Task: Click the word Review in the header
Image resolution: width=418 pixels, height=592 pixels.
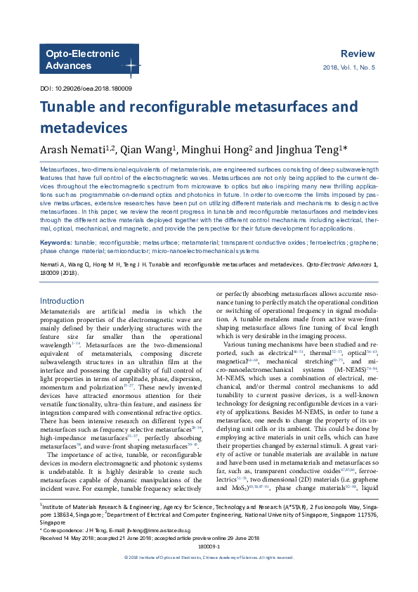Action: point(358,54)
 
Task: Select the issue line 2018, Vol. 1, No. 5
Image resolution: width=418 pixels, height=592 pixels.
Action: point(348,67)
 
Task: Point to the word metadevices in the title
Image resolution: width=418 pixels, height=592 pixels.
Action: point(84,128)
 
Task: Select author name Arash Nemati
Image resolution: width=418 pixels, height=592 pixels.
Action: point(72,150)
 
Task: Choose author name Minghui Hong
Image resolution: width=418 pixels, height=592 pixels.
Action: point(217,150)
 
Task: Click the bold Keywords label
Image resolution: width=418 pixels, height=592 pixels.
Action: point(56,243)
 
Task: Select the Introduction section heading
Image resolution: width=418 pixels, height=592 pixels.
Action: point(62,301)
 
